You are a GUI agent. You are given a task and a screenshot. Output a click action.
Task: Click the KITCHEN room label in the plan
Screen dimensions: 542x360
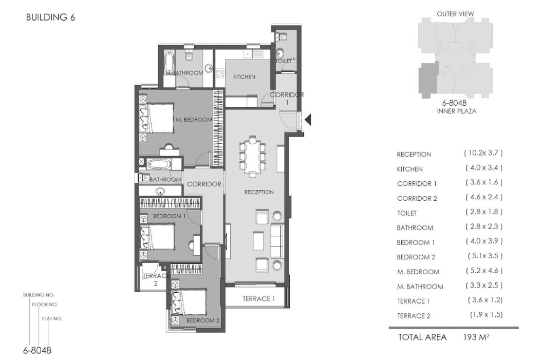coord(244,77)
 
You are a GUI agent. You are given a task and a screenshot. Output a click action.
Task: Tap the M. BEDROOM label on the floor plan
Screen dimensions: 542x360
coord(194,120)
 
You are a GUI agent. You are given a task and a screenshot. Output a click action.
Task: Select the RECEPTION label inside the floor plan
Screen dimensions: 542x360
coord(259,192)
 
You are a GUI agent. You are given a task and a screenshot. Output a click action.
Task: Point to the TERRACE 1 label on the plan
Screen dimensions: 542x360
coord(258,299)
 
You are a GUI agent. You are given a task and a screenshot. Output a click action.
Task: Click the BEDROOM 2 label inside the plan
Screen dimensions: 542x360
coord(203,320)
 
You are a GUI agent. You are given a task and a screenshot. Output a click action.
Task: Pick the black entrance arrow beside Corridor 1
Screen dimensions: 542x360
coord(307,120)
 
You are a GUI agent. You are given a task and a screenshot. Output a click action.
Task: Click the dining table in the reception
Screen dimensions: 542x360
coord(253,157)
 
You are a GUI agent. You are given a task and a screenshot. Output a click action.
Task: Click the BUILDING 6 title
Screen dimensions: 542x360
coord(50,17)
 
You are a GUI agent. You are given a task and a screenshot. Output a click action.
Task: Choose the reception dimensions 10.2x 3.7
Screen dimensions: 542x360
coord(483,153)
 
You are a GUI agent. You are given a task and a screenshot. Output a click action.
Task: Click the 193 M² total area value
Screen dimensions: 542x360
coord(476,337)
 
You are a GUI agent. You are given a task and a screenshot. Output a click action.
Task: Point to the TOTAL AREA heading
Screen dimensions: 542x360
coord(422,337)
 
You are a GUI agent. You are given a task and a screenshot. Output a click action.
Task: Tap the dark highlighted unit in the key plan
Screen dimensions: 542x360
coord(428,80)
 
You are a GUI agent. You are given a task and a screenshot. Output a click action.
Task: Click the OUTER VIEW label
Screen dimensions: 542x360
coord(455,14)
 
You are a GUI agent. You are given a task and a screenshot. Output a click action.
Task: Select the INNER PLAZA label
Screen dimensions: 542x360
coord(457,111)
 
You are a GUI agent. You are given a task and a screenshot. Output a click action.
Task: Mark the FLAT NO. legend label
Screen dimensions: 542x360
coord(52,318)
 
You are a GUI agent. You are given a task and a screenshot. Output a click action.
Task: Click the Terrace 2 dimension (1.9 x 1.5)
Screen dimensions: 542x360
coord(486,315)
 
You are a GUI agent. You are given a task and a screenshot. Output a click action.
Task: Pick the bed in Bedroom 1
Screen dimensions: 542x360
coord(157,237)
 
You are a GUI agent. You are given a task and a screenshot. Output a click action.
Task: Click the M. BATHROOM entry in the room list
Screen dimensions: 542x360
coord(420,287)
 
